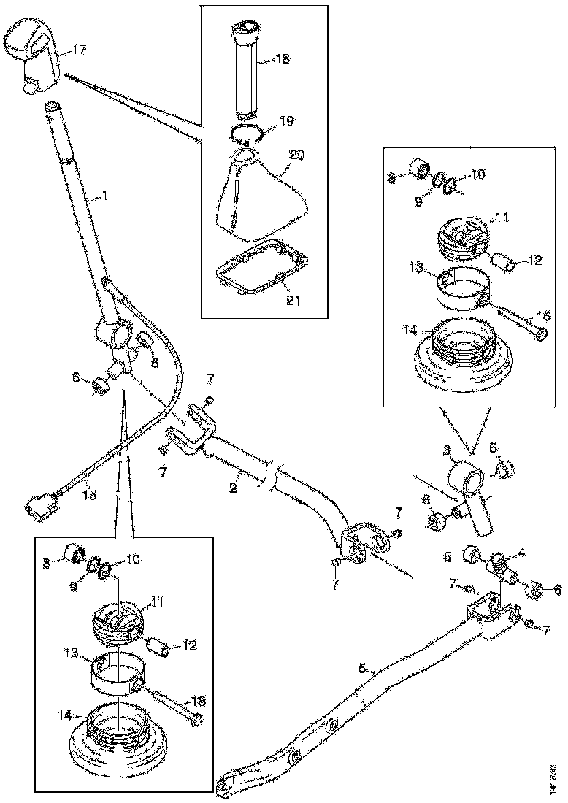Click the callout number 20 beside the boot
(x=297, y=155)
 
